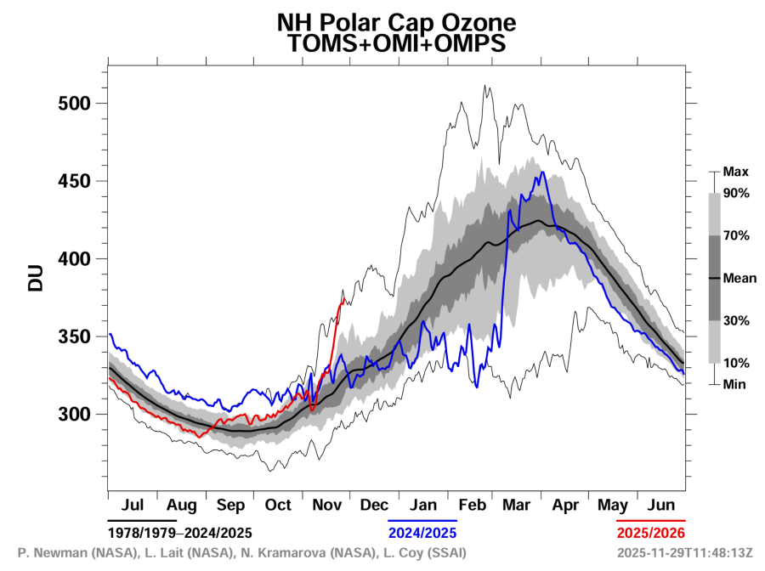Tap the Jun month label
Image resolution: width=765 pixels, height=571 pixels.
pyautogui.click(x=661, y=505)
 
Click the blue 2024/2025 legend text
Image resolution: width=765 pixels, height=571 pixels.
pyautogui.click(x=422, y=533)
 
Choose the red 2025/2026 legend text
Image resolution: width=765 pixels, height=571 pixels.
pyautogui.click(x=651, y=533)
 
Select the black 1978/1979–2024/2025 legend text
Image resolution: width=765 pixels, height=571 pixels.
pyautogui.click(x=179, y=533)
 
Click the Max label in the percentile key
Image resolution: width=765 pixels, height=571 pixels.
pyautogui.click(x=734, y=172)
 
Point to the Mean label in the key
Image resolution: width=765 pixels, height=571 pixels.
pyautogui.click(x=739, y=278)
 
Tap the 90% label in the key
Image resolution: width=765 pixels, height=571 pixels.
pyautogui.click(x=736, y=193)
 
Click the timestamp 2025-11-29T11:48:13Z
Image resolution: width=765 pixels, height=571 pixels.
pyautogui.click(x=686, y=553)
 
